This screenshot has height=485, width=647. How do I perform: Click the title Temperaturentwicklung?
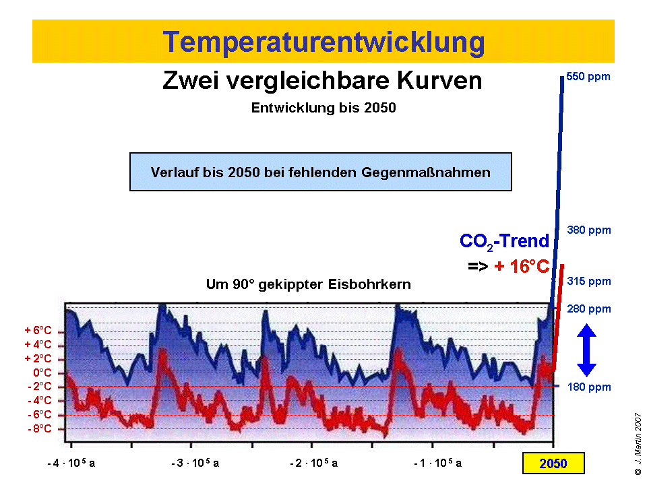(323, 42)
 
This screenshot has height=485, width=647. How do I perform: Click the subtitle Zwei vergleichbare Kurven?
(322, 81)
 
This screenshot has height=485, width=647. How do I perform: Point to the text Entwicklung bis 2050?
(323, 108)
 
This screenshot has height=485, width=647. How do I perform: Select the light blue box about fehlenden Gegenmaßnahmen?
(320, 172)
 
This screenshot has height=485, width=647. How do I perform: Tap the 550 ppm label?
(588, 77)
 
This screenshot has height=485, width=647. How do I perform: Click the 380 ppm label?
(588, 230)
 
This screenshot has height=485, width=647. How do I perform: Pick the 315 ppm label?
(588, 281)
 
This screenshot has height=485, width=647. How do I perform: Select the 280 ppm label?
(588, 309)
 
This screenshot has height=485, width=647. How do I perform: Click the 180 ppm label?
(588, 387)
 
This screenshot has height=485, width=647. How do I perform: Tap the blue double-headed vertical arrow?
(587, 350)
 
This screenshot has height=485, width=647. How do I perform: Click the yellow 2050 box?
(553, 463)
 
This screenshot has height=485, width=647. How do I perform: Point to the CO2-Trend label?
(504, 241)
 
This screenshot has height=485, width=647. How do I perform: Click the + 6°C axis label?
(38, 331)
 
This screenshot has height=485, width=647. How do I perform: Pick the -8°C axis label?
(39, 428)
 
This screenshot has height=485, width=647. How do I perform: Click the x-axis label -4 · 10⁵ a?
(71, 463)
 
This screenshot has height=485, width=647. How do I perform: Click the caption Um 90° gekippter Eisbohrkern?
(308, 285)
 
